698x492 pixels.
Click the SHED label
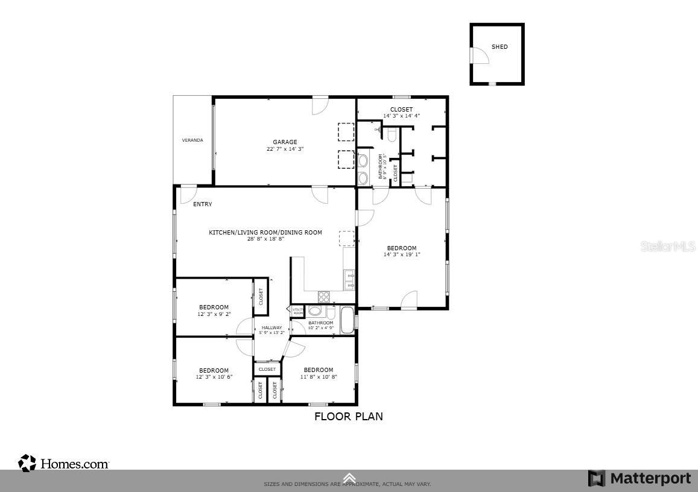(500, 47)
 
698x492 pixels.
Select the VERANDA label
(192, 140)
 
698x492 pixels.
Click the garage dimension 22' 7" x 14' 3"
(285, 149)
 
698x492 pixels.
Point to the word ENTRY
(202, 204)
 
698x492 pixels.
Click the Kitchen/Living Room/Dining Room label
(265, 233)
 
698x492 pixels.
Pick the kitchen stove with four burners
(324, 297)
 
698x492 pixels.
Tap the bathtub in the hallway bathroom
(348, 320)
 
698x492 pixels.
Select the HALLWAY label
(271, 328)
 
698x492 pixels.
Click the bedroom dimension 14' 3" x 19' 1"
(401, 254)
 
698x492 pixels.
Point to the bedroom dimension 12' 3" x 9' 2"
(214, 314)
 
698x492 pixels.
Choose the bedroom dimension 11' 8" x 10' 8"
(319, 377)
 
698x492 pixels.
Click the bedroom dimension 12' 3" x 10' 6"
(214, 377)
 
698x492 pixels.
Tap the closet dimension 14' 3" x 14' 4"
(401, 116)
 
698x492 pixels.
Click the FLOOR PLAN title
(348, 417)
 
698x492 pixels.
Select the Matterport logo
(639, 479)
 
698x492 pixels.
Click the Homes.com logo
(64, 464)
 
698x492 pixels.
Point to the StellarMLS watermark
(667, 247)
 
